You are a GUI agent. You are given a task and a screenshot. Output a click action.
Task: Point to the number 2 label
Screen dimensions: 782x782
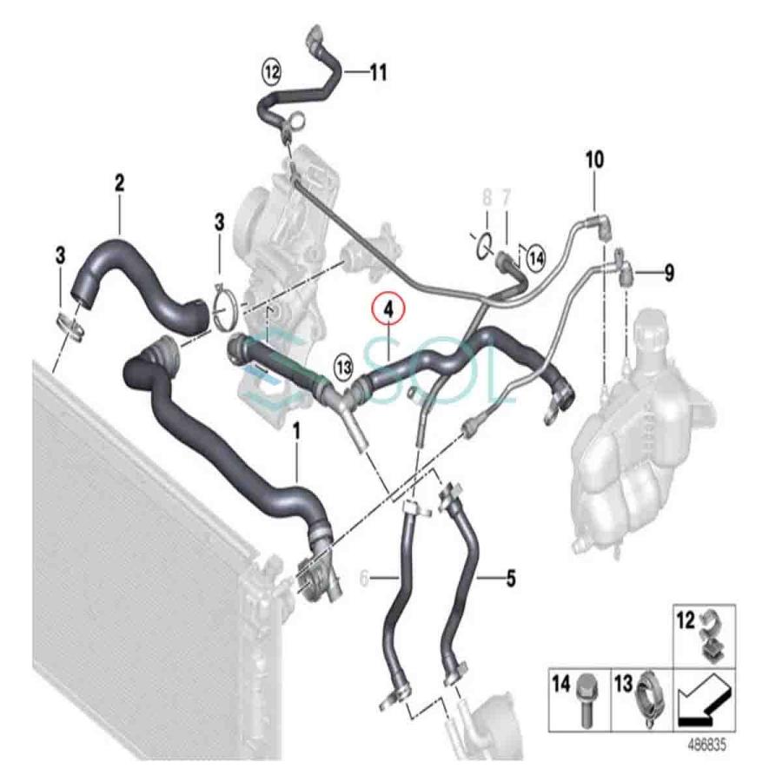[x=119, y=183]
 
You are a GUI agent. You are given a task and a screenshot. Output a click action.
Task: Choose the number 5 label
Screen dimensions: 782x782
[x=511, y=575]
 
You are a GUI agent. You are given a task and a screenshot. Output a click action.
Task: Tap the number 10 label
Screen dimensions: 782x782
[x=594, y=160]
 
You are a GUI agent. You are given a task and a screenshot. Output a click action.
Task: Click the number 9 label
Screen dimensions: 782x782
[x=668, y=274]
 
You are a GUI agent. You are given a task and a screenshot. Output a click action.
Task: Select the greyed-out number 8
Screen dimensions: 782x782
[x=487, y=197]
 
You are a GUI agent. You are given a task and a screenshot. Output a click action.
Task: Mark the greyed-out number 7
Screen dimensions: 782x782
[x=507, y=197]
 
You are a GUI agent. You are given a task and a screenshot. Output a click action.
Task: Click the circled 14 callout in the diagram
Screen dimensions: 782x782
[x=536, y=257]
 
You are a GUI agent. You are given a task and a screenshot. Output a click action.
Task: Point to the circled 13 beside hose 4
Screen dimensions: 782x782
[x=344, y=367]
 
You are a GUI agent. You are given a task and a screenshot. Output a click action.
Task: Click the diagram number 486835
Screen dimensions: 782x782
[x=706, y=746]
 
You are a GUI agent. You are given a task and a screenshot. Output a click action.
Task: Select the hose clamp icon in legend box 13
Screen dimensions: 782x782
[x=649, y=698]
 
